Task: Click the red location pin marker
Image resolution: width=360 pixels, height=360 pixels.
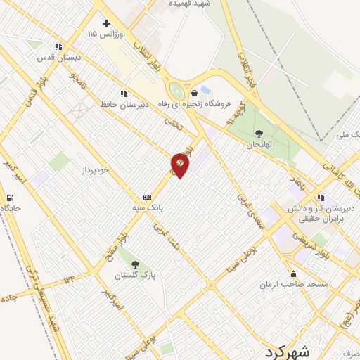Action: tap(181, 165)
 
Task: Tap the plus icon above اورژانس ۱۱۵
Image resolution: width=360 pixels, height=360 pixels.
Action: tap(107, 23)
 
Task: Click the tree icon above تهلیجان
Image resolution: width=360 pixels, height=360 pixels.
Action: tap(259, 133)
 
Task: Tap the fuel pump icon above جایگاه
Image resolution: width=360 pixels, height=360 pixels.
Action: tap(11, 198)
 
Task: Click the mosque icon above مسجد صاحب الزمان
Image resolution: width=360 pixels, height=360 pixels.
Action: tap(292, 274)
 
